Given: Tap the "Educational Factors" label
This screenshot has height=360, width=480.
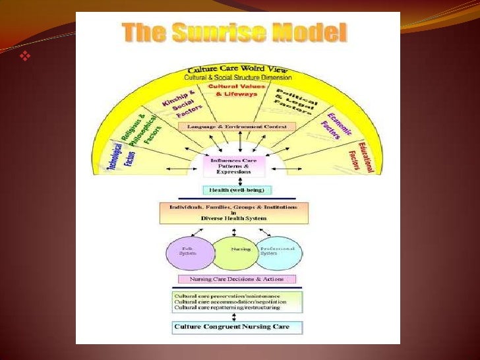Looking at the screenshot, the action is pyautogui.click(x=365, y=156).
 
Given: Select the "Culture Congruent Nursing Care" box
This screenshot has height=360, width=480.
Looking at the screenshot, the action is pyautogui.click(x=237, y=326).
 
